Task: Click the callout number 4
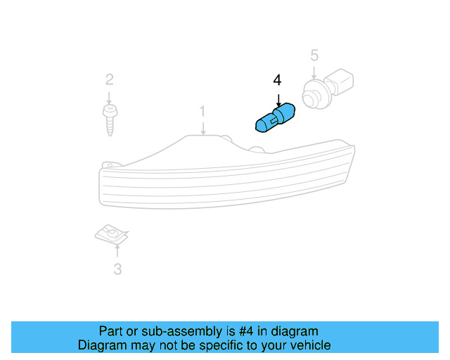pyautogui.click(x=277, y=80)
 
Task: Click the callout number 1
pyautogui.click(x=202, y=111)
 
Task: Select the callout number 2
pyautogui.click(x=110, y=79)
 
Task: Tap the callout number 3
pyautogui.click(x=117, y=268)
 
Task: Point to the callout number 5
pyautogui.click(x=314, y=54)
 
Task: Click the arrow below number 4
pyautogui.click(x=278, y=98)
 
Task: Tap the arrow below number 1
pyautogui.click(x=202, y=127)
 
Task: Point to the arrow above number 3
pyautogui.click(x=117, y=250)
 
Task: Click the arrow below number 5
pyautogui.click(x=314, y=70)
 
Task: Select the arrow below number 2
pyautogui.click(x=110, y=96)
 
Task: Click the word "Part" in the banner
pyautogui.click(x=111, y=331)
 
